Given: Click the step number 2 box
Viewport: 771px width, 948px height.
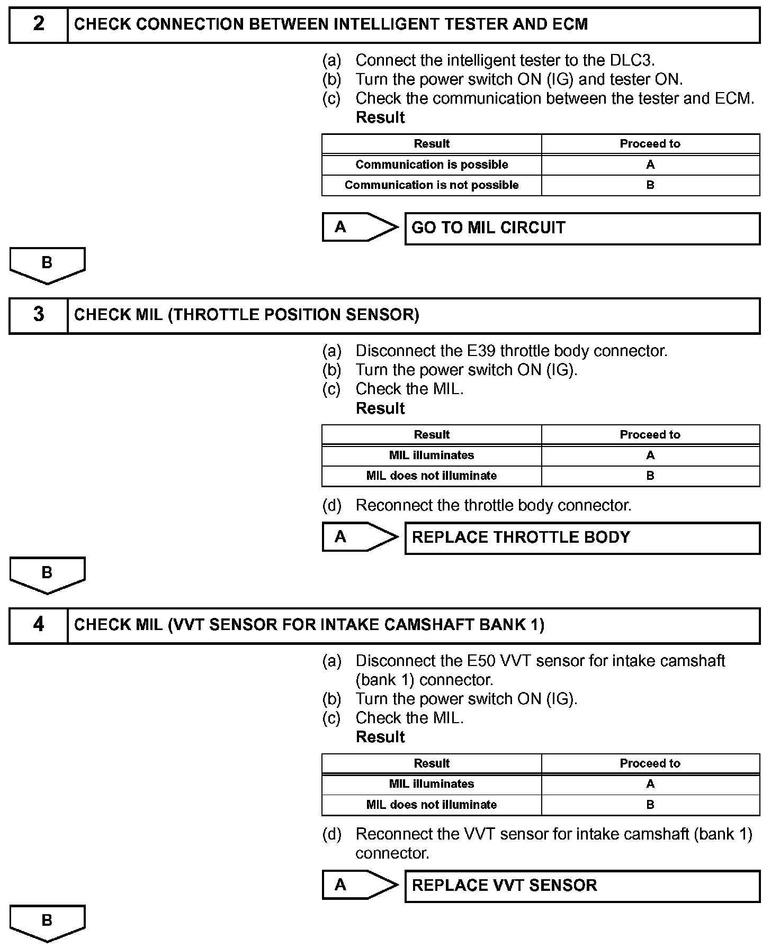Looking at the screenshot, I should tap(39, 24).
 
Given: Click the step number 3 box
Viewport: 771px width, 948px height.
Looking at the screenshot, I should tap(39, 315).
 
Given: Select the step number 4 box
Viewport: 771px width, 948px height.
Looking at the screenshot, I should tap(39, 625).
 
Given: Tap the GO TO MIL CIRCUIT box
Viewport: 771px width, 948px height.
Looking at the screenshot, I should tap(582, 228).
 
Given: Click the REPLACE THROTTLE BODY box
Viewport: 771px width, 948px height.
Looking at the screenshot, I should tap(582, 537).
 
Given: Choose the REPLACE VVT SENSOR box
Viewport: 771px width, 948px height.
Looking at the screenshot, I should tap(582, 886).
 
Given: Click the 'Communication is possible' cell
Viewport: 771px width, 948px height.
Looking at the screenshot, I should tap(432, 165).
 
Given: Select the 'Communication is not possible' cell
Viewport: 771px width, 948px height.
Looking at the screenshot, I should tap(432, 185).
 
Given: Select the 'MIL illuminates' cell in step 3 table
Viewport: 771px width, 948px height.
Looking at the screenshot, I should tap(432, 455).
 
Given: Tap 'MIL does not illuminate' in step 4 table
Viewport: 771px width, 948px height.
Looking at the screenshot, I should tap(432, 805).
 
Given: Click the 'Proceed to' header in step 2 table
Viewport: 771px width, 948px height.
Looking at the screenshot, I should tap(650, 144).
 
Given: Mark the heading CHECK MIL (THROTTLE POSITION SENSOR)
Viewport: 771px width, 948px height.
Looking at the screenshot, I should tap(247, 315).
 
